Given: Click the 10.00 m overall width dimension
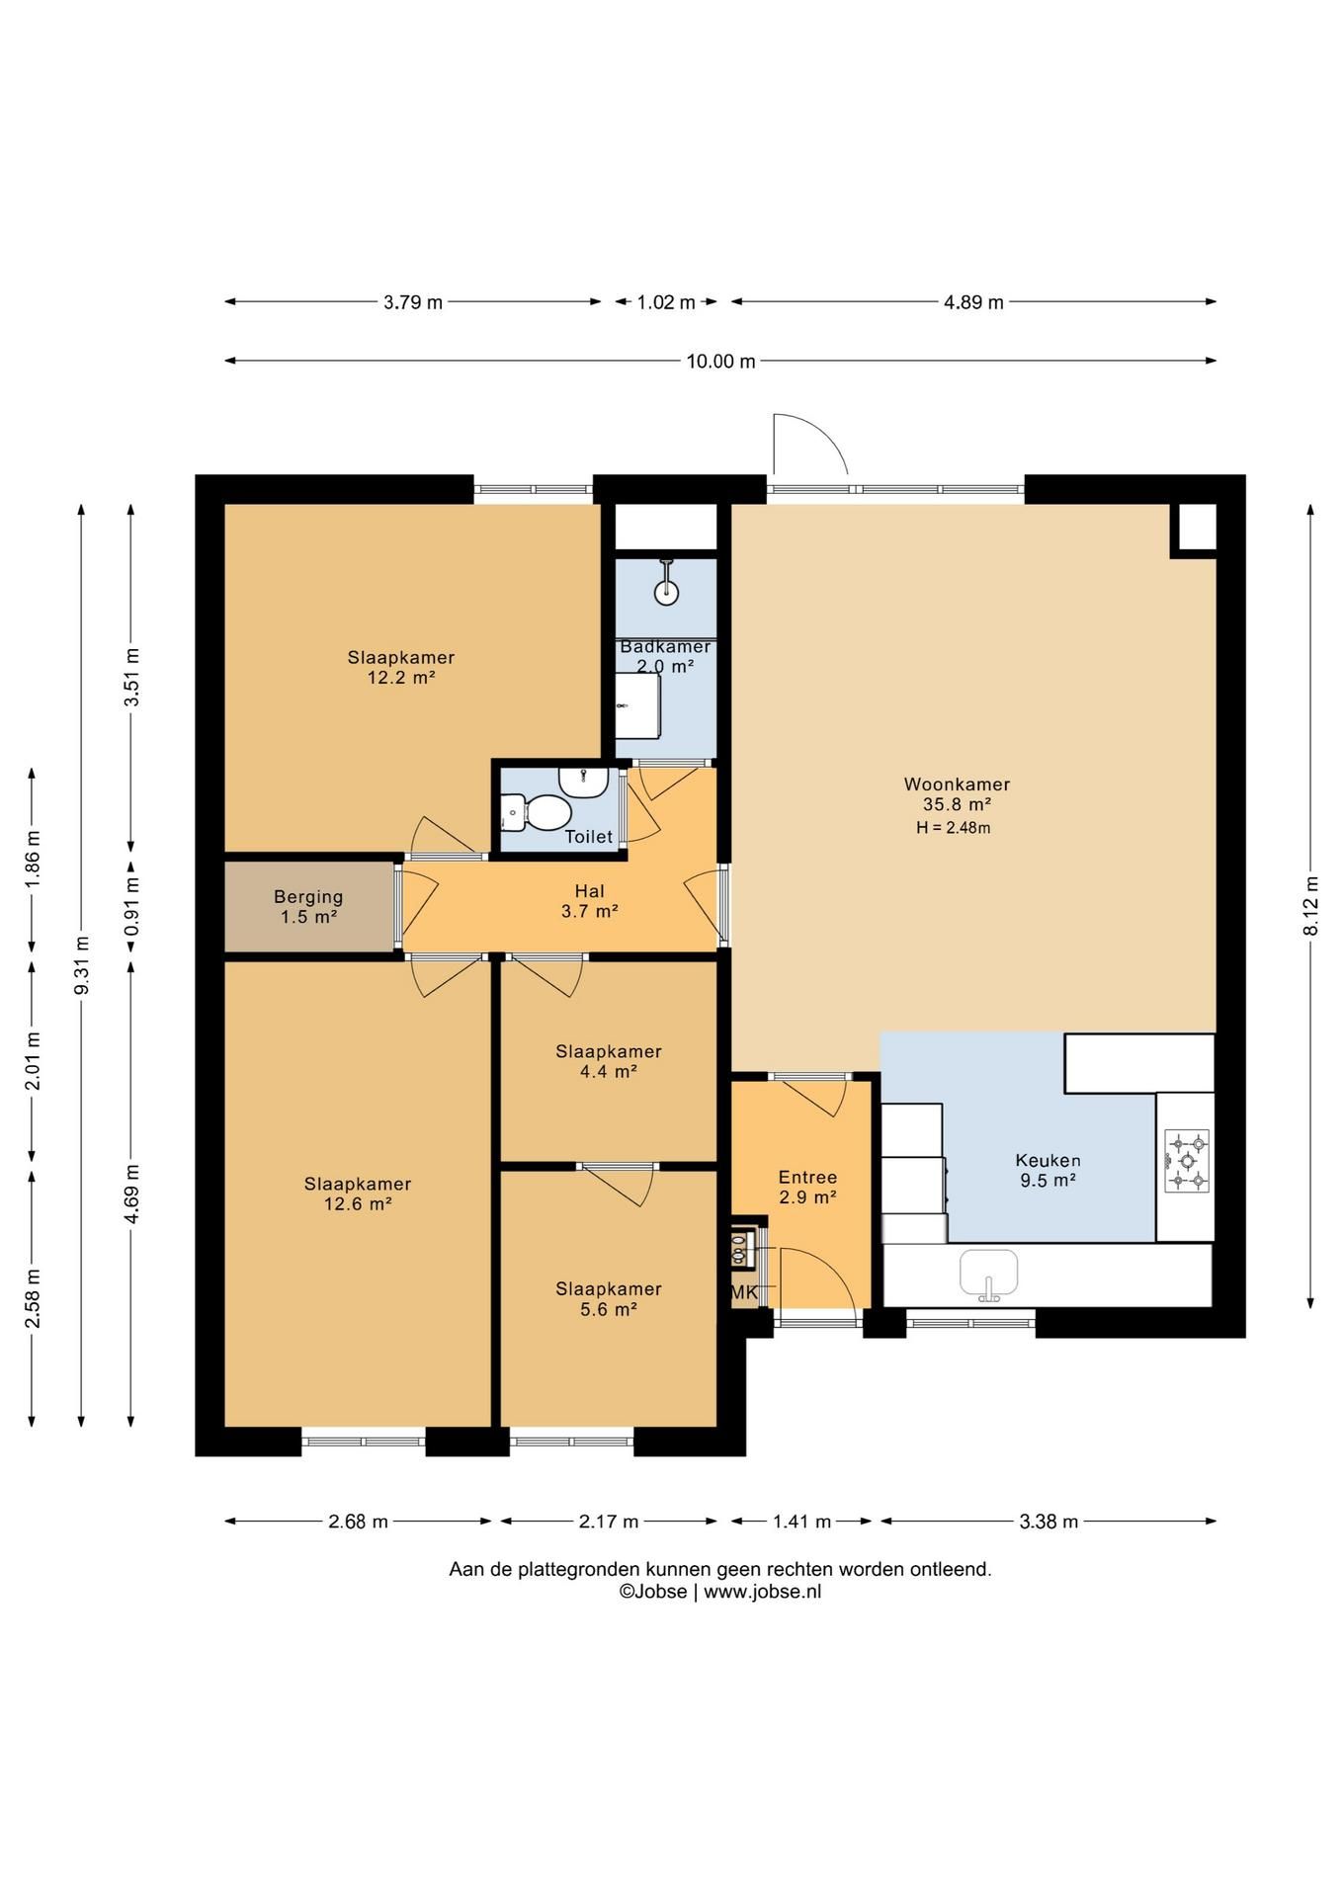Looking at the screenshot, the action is (720, 362).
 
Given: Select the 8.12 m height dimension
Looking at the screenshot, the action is (1311, 906).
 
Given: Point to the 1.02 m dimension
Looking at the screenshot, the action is (666, 302).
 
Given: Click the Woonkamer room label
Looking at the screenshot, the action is (957, 784).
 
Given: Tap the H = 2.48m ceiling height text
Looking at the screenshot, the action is (953, 828).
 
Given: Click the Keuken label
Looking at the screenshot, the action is (1048, 1161).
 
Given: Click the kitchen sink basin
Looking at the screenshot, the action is (988, 1273).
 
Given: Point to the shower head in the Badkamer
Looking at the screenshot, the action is (667, 583).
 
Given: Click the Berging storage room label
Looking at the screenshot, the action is (308, 897).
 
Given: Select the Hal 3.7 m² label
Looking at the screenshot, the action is (590, 902).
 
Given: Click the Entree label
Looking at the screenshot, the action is (807, 1177).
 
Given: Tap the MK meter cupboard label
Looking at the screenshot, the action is (744, 1292).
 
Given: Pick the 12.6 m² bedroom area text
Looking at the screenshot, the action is (358, 1204).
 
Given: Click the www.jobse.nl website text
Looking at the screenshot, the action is (762, 1592).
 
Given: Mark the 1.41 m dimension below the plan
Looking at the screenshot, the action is (801, 1522).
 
